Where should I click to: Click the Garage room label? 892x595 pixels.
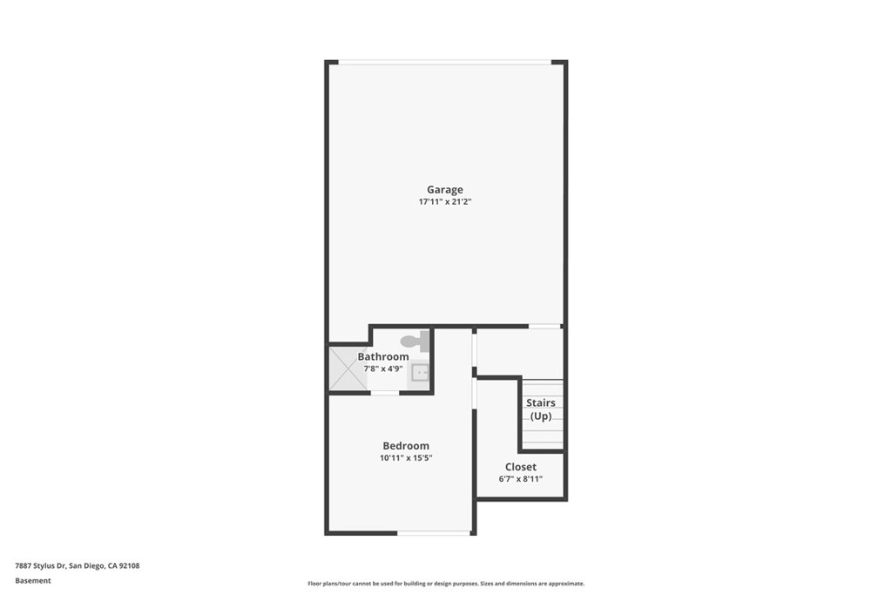click(444, 189)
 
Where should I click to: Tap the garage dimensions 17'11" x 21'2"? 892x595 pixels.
click(444, 202)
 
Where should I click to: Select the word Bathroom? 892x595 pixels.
click(382, 356)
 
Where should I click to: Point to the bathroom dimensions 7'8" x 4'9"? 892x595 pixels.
click(382, 368)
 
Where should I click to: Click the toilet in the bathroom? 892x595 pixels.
click(416, 341)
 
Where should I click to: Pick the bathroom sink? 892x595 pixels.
click(420, 374)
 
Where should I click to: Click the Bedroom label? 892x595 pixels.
click(405, 446)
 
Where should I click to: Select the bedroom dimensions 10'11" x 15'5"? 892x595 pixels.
click(405, 458)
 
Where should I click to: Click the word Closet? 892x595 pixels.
click(520, 467)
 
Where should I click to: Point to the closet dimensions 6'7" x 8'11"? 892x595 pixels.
click(520, 479)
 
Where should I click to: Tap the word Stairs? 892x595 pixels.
click(540, 402)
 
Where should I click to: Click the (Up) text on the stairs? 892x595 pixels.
click(540, 416)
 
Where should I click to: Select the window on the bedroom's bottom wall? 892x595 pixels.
click(433, 532)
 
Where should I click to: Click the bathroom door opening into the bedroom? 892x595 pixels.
click(384, 393)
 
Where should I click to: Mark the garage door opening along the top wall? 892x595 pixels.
click(444, 62)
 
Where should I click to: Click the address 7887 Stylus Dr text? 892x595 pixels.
click(77, 565)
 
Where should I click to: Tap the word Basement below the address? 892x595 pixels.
click(33, 580)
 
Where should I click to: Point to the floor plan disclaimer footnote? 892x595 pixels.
click(445, 584)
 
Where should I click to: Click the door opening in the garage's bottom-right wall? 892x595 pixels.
click(544, 327)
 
